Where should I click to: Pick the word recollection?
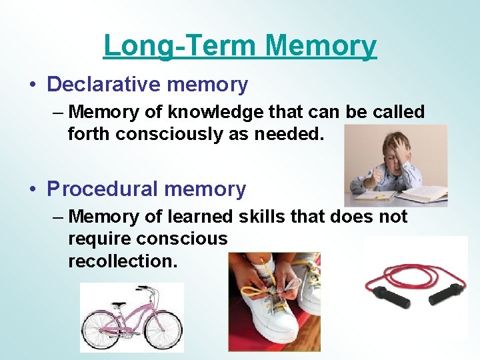tap(123, 261)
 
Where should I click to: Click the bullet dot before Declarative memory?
tap(33, 85)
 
